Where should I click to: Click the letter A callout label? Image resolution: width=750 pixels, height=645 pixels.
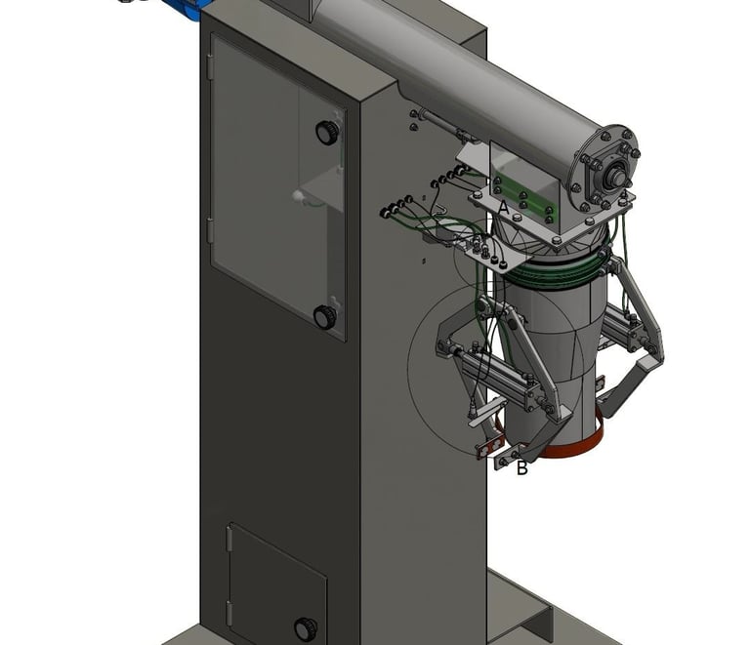[503, 208]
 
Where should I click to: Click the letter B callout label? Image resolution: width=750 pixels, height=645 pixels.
[521, 468]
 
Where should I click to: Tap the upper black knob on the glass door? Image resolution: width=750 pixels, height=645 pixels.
[328, 132]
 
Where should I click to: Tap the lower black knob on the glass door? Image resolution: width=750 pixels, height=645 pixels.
[325, 317]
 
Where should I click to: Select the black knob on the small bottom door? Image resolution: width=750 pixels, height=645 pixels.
[305, 628]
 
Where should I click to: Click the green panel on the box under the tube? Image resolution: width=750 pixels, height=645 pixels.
[522, 197]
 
